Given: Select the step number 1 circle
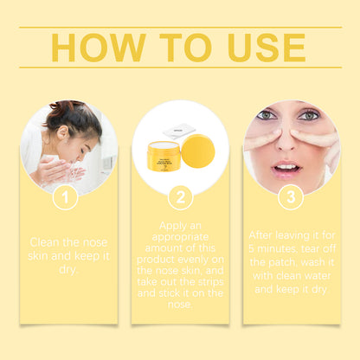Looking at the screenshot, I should [65, 198].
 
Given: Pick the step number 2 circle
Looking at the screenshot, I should [179, 198].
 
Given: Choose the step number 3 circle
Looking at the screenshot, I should [291, 198].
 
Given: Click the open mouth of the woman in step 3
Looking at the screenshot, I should [286, 167].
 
